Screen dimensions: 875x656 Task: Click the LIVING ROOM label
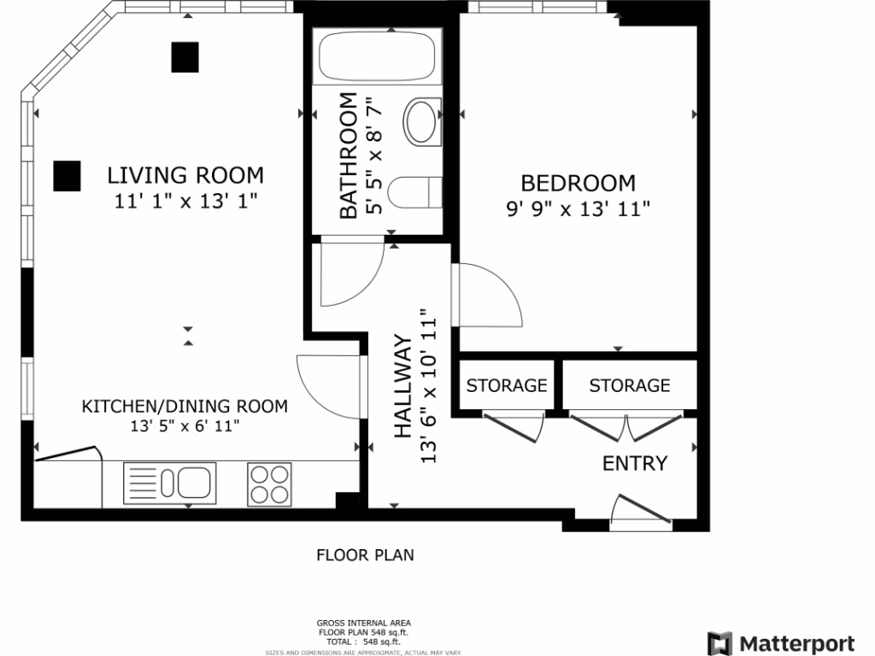point(185,175)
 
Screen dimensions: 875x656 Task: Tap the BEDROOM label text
point(578,183)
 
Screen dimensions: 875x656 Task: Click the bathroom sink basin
point(421,121)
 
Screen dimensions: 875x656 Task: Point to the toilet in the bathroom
point(414,192)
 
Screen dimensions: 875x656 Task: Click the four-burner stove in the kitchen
point(269,484)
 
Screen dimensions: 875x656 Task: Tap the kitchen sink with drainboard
point(170,483)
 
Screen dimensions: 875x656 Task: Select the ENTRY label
point(635,463)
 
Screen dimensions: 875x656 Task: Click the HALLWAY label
point(403,386)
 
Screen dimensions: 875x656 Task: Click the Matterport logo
point(781,643)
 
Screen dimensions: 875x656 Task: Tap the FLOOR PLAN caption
point(365,555)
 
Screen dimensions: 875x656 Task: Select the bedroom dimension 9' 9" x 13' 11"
point(578,209)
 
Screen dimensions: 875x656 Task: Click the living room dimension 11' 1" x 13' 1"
point(185,201)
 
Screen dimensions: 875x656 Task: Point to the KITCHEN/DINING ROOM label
point(185,406)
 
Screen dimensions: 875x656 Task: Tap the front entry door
point(640,510)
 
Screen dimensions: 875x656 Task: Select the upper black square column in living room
point(185,57)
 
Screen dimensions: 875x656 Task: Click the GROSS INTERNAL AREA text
point(363,623)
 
